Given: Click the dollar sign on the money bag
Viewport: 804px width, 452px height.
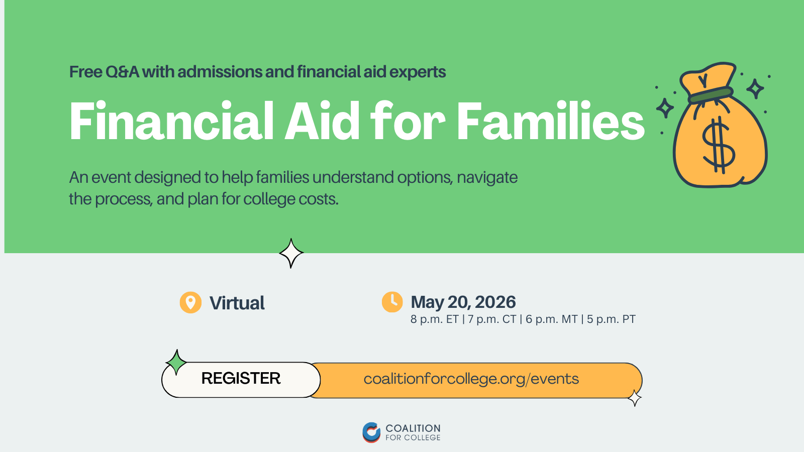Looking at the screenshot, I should click(719, 146).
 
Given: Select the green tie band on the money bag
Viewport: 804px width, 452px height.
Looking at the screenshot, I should click(711, 95).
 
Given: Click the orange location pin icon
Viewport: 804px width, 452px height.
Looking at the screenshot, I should click(190, 302).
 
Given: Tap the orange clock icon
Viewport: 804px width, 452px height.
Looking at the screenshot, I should click(392, 302).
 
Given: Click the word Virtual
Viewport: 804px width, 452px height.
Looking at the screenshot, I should click(237, 303).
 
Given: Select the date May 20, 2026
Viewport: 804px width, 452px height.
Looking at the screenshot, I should click(463, 302).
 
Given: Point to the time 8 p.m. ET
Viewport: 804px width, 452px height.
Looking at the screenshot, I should click(434, 319).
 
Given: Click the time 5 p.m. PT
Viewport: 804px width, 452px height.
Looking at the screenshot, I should click(611, 319).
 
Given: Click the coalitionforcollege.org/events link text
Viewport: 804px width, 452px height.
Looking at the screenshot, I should click(471, 379).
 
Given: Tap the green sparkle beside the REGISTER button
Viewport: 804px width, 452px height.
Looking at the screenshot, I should click(176, 362).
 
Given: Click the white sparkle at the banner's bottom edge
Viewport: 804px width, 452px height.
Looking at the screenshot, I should click(291, 253).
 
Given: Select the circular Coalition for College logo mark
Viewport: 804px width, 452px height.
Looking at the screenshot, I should click(371, 432).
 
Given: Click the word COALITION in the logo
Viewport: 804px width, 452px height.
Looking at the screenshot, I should click(413, 428).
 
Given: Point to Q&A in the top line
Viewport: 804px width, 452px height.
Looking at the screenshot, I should click(122, 72).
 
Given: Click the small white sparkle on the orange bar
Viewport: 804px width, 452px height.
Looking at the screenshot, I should click(635, 398).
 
